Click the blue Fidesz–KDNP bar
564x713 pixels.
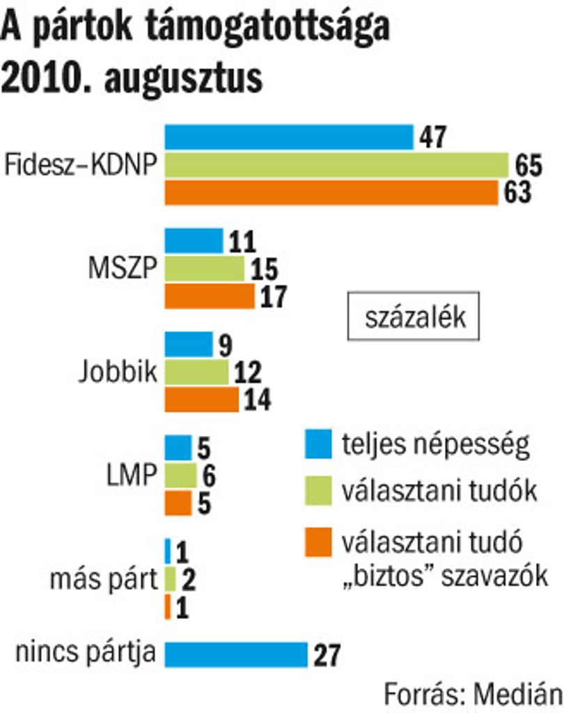coord(289,137)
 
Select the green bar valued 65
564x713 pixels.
coord(336,164)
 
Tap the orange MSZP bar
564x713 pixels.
coord(210,296)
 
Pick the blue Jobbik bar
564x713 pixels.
coord(189,344)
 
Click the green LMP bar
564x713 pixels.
coord(180,475)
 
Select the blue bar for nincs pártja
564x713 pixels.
coord(236,655)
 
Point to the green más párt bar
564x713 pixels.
coord(170,579)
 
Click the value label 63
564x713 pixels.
coord(517,192)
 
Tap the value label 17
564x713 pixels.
coord(274,297)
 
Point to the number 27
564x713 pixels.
coord(327,655)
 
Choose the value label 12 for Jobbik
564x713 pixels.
coord(248,373)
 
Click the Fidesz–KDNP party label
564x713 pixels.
coord(81,164)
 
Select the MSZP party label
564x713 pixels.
coord(123,268)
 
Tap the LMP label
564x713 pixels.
coord(132,475)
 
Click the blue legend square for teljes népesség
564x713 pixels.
coord(318,444)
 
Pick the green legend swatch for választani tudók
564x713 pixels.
coord(318,491)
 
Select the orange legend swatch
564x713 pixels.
coord(318,542)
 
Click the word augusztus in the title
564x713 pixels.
coord(184,78)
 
